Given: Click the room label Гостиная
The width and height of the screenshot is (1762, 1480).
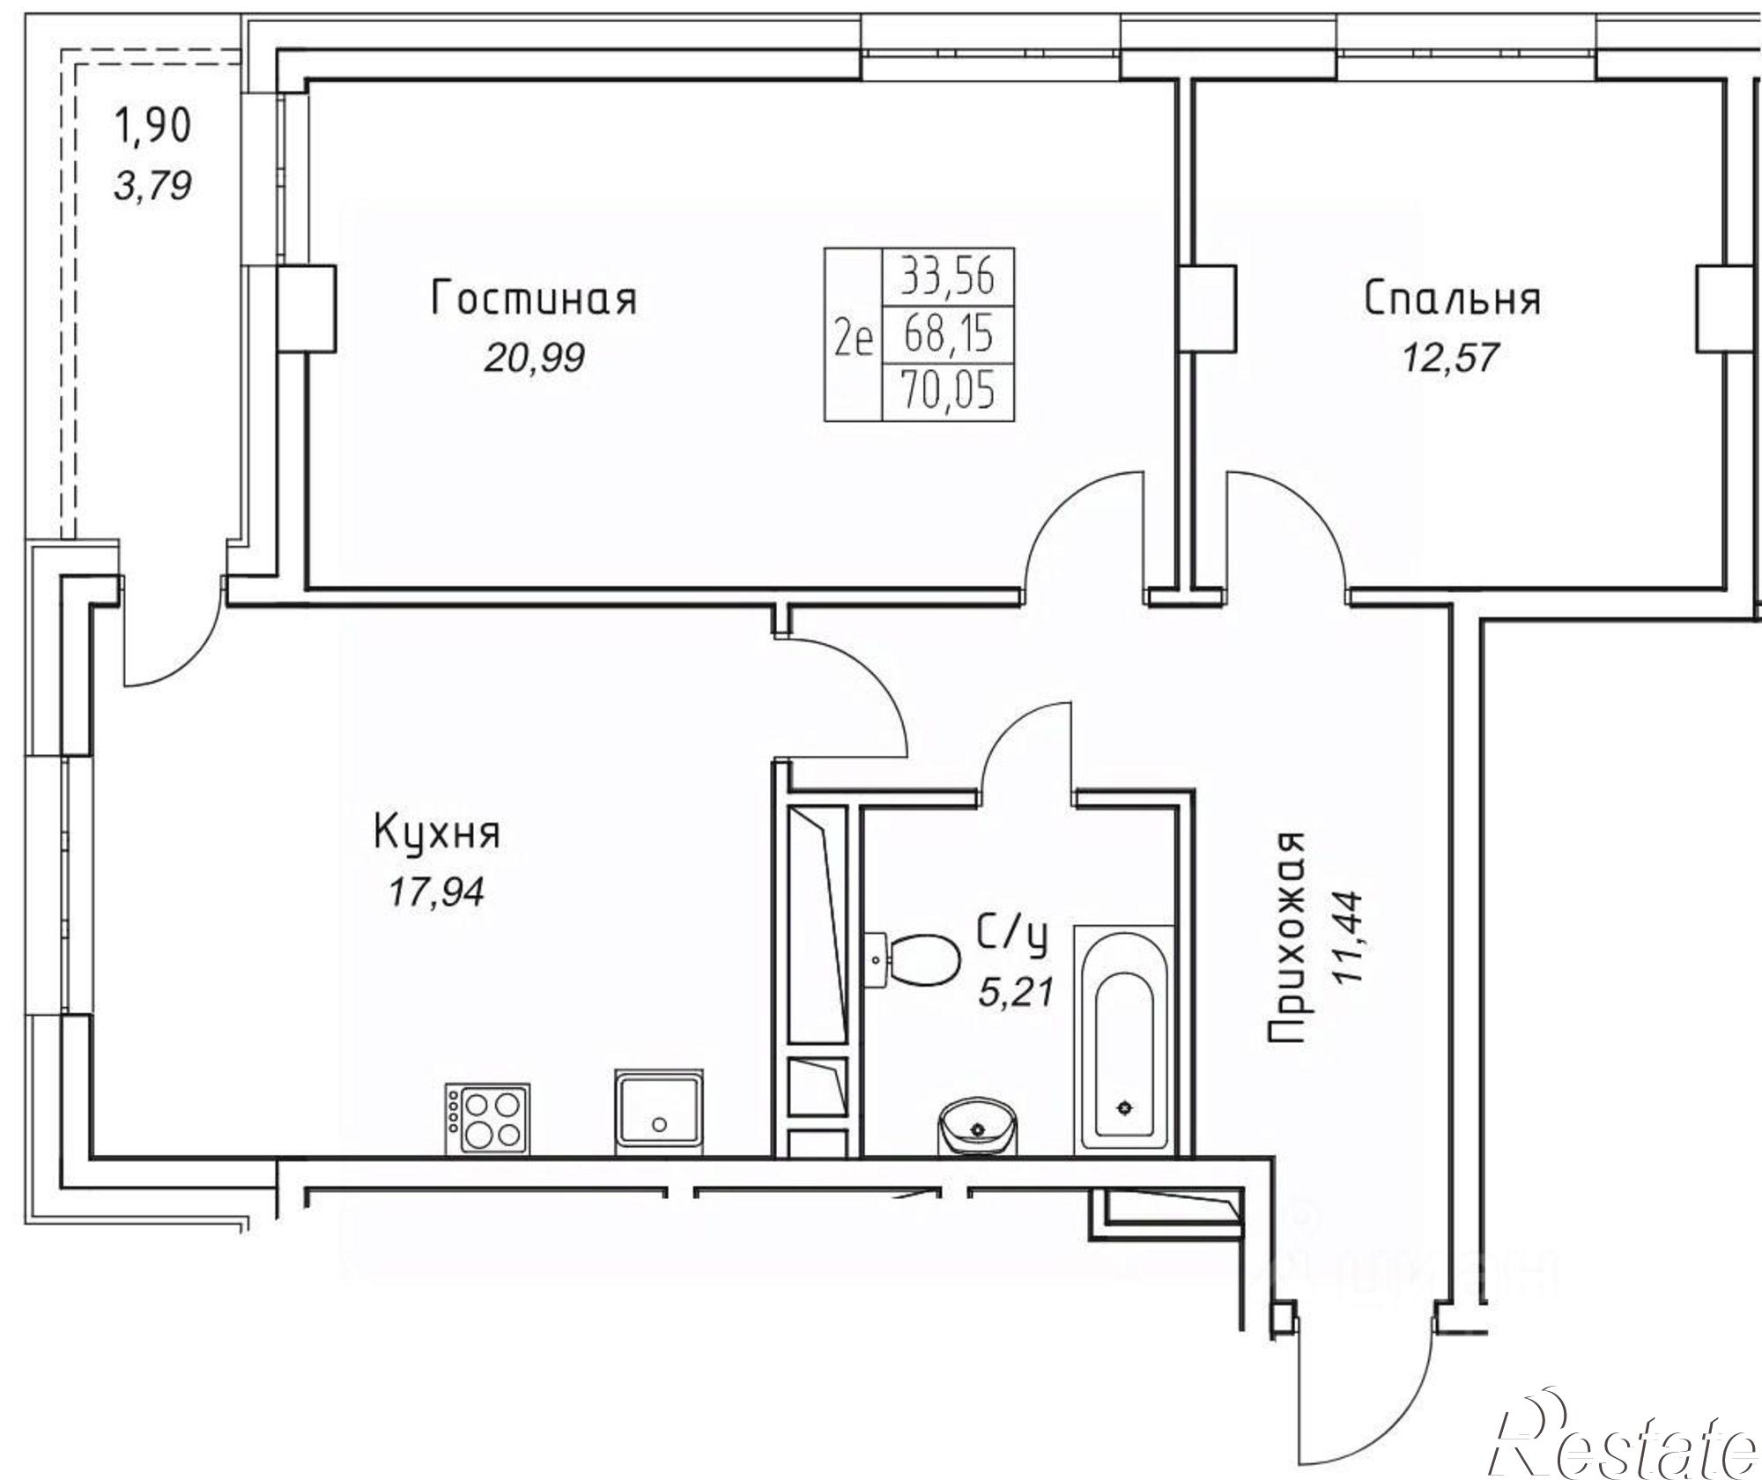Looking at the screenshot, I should click(x=534, y=299).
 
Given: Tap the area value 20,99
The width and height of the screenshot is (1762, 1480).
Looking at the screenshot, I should click(x=533, y=358).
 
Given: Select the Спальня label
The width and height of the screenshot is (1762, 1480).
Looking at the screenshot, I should click(x=1453, y=299).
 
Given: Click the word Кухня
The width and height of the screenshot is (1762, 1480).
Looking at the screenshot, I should click(x=437, y=834).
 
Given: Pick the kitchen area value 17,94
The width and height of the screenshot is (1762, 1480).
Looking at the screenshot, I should click(x=436, y=893).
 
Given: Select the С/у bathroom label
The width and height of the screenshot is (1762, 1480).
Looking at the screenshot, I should click(x=1012, y=937).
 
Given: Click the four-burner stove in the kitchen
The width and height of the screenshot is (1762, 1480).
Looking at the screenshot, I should click(x=488, y=1118).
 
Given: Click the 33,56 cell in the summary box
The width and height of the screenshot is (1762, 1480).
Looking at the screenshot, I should click(x=947, y=277).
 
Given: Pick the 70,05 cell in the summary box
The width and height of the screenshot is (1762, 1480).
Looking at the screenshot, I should click(x=947, y=390).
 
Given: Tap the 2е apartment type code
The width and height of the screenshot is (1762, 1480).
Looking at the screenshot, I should click(x=853, y=336).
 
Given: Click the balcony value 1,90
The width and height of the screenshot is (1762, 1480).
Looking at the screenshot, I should click(x=152, y=126).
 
